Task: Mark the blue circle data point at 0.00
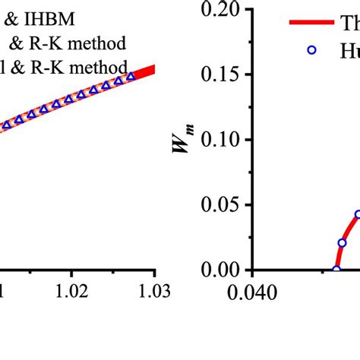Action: tap(336, 270)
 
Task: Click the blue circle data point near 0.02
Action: tap(342, 243)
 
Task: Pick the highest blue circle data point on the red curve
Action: tap(358, 215)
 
